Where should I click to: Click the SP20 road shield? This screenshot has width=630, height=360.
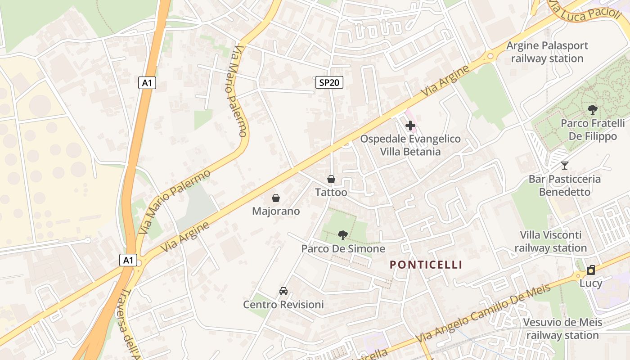tap(329, 82)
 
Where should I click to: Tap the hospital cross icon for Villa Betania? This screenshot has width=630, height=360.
tap(410, 126)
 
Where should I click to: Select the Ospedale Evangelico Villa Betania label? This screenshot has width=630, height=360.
tap(410, 145)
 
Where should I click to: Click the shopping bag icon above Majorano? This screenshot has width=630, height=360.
tap(276, 198)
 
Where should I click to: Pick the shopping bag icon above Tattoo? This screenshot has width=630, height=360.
tap(331, 179)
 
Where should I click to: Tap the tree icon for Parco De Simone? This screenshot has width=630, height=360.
tap(343, 235)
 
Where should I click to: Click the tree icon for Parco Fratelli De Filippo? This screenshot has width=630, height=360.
tap(593, 109)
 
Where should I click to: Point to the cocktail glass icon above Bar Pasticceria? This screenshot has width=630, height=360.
tap(565, 166)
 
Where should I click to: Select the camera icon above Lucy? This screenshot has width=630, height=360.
tap(591, 270)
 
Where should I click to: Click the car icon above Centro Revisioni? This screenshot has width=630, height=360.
tap(283, 291)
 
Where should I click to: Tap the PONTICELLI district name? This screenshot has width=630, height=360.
tap(426, 265)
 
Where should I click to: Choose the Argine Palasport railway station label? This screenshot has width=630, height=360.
tap(547, 52)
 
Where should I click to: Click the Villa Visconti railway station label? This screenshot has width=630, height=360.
tap(551, 241)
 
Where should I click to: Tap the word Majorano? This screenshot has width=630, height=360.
tap(276, 211)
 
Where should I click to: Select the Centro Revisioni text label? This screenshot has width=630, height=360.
tap(283, 305)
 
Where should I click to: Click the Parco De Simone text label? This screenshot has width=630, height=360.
tap(343, 248)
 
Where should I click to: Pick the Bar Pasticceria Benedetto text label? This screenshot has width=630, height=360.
tap(565, 185)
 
